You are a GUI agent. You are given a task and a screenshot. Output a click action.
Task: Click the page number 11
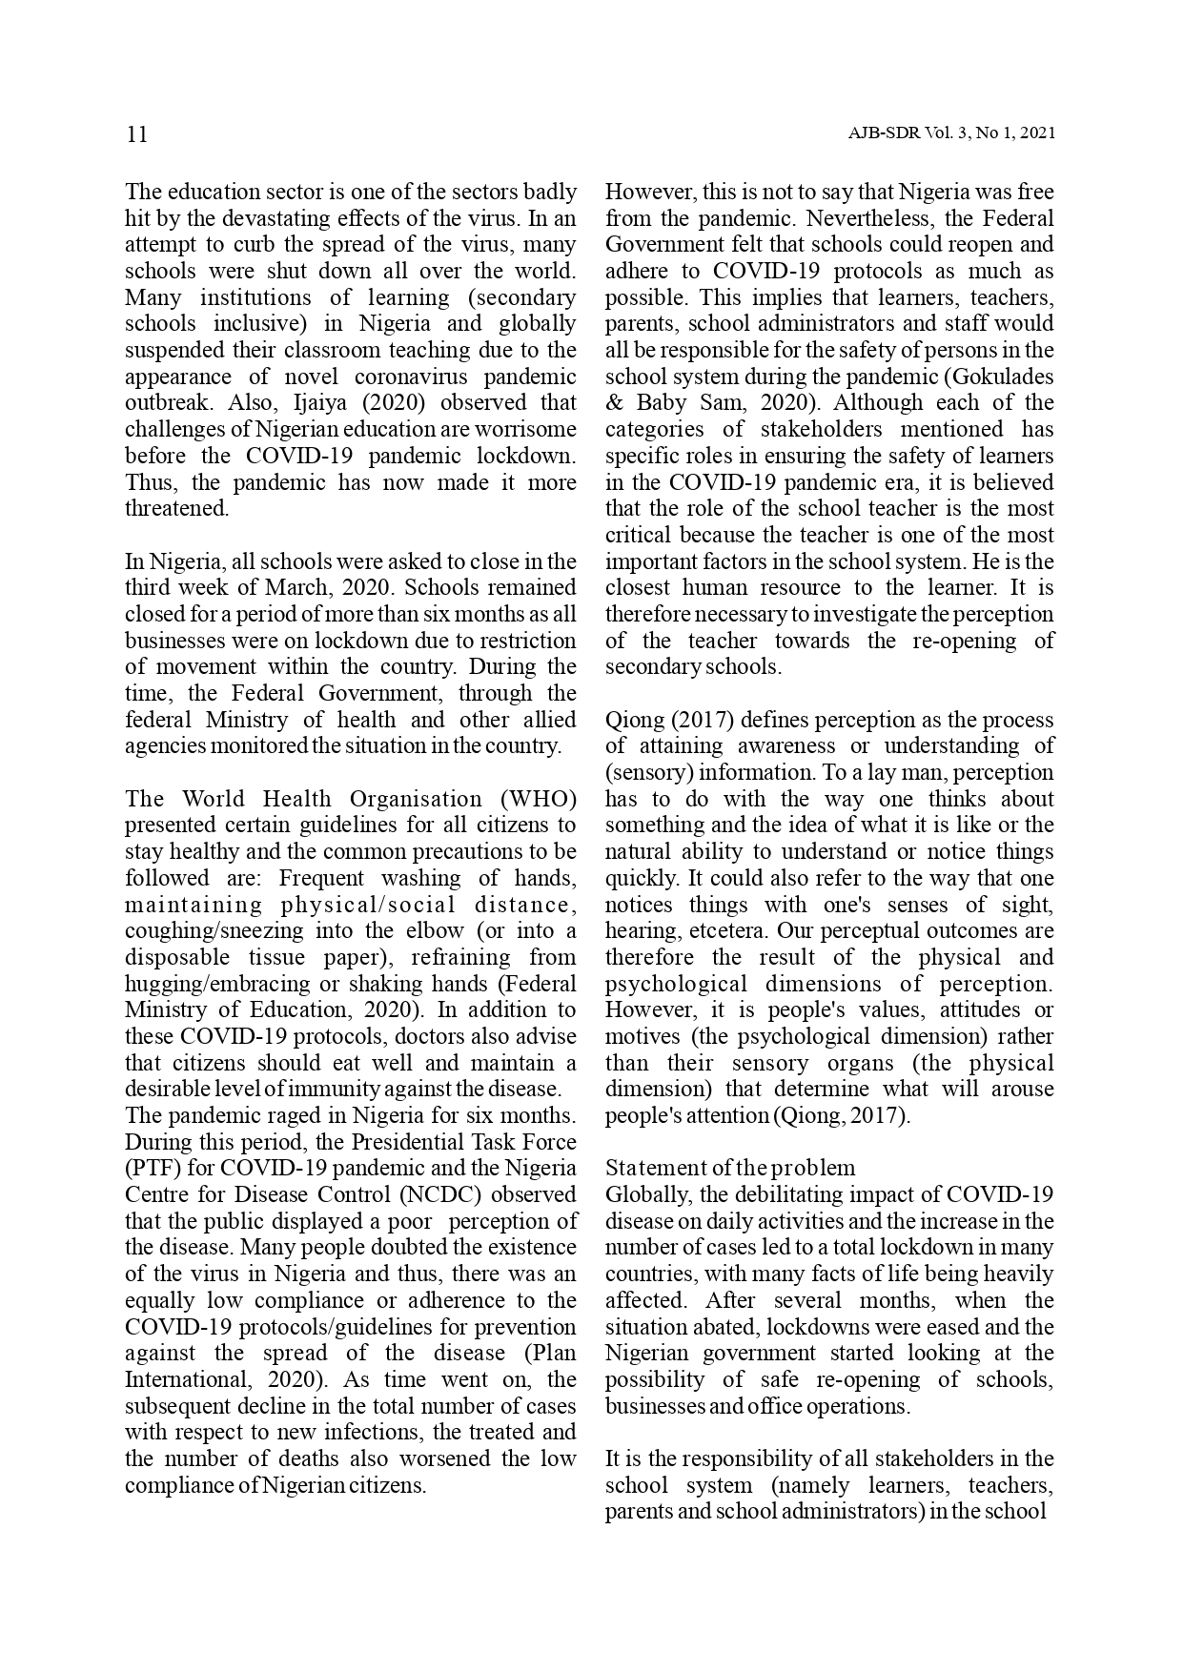tap(136, 133)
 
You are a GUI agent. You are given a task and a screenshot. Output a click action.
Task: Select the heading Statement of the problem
tap(730, 1168)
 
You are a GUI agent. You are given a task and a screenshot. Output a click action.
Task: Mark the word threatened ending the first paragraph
tap(176, 508)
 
